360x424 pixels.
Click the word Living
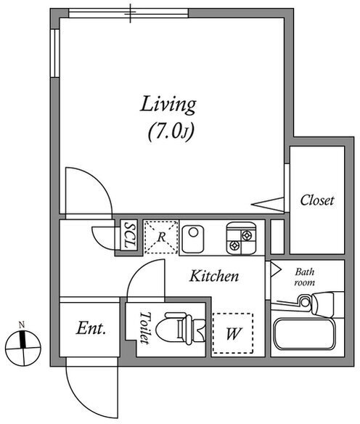coord(168,105)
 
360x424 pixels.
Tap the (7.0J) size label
coord(171,132)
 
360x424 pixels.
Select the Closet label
coord(317,200)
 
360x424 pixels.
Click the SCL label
coord(129,235)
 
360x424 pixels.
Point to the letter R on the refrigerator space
coord(161,237)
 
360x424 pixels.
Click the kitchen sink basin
coord(193,239)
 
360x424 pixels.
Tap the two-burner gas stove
coord(241,238)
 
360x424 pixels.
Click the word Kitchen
coord(214,276)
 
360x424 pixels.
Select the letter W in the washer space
coord(233,333)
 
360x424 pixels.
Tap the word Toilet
coord(144,328)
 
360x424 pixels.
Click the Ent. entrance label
coord(91,329)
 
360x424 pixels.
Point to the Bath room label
coord(305,277)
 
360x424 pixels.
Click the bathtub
coord(304,334)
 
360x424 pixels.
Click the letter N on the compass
coord(22,324)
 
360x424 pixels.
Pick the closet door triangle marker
coord(268,205)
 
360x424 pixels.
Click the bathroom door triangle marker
coord(275,269)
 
